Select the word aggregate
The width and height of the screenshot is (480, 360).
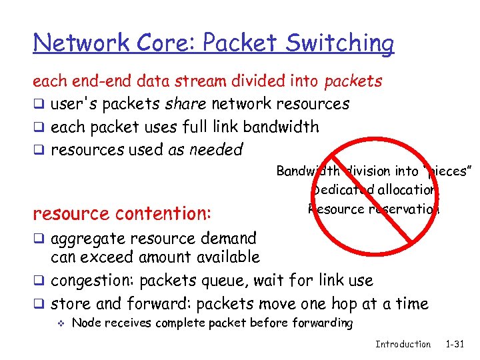(x=89, y=238)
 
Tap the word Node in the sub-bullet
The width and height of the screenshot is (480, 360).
(x=84, y=323)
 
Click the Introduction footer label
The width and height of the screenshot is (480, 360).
(x=403, y=344)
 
